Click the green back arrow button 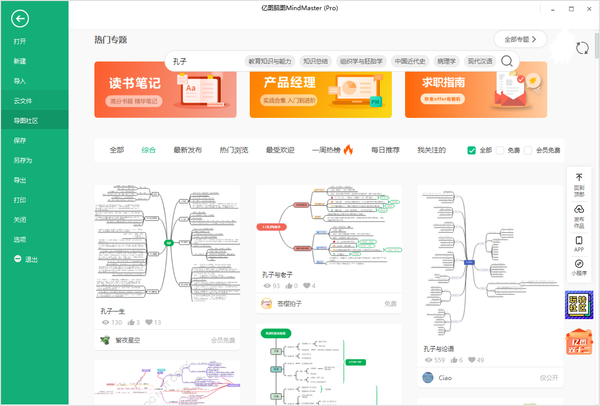pos(20,19)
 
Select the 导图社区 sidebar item pos(26,120)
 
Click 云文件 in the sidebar pos(23,101)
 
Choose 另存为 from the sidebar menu pos(23,160)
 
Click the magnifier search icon pos(507,61)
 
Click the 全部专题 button pos(520,39)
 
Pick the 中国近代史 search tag pos(410,61)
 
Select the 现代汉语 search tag pos(480,61)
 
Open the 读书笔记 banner pos(165,89)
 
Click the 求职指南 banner pos(476,89)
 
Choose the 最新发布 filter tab pos(188,150)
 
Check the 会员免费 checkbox pos(528,150)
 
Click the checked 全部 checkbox pos(472,150)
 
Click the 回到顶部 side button pos(579,184)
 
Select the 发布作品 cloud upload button pos(579,215)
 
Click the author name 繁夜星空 pos(127,340)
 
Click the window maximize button pos(571,9)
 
